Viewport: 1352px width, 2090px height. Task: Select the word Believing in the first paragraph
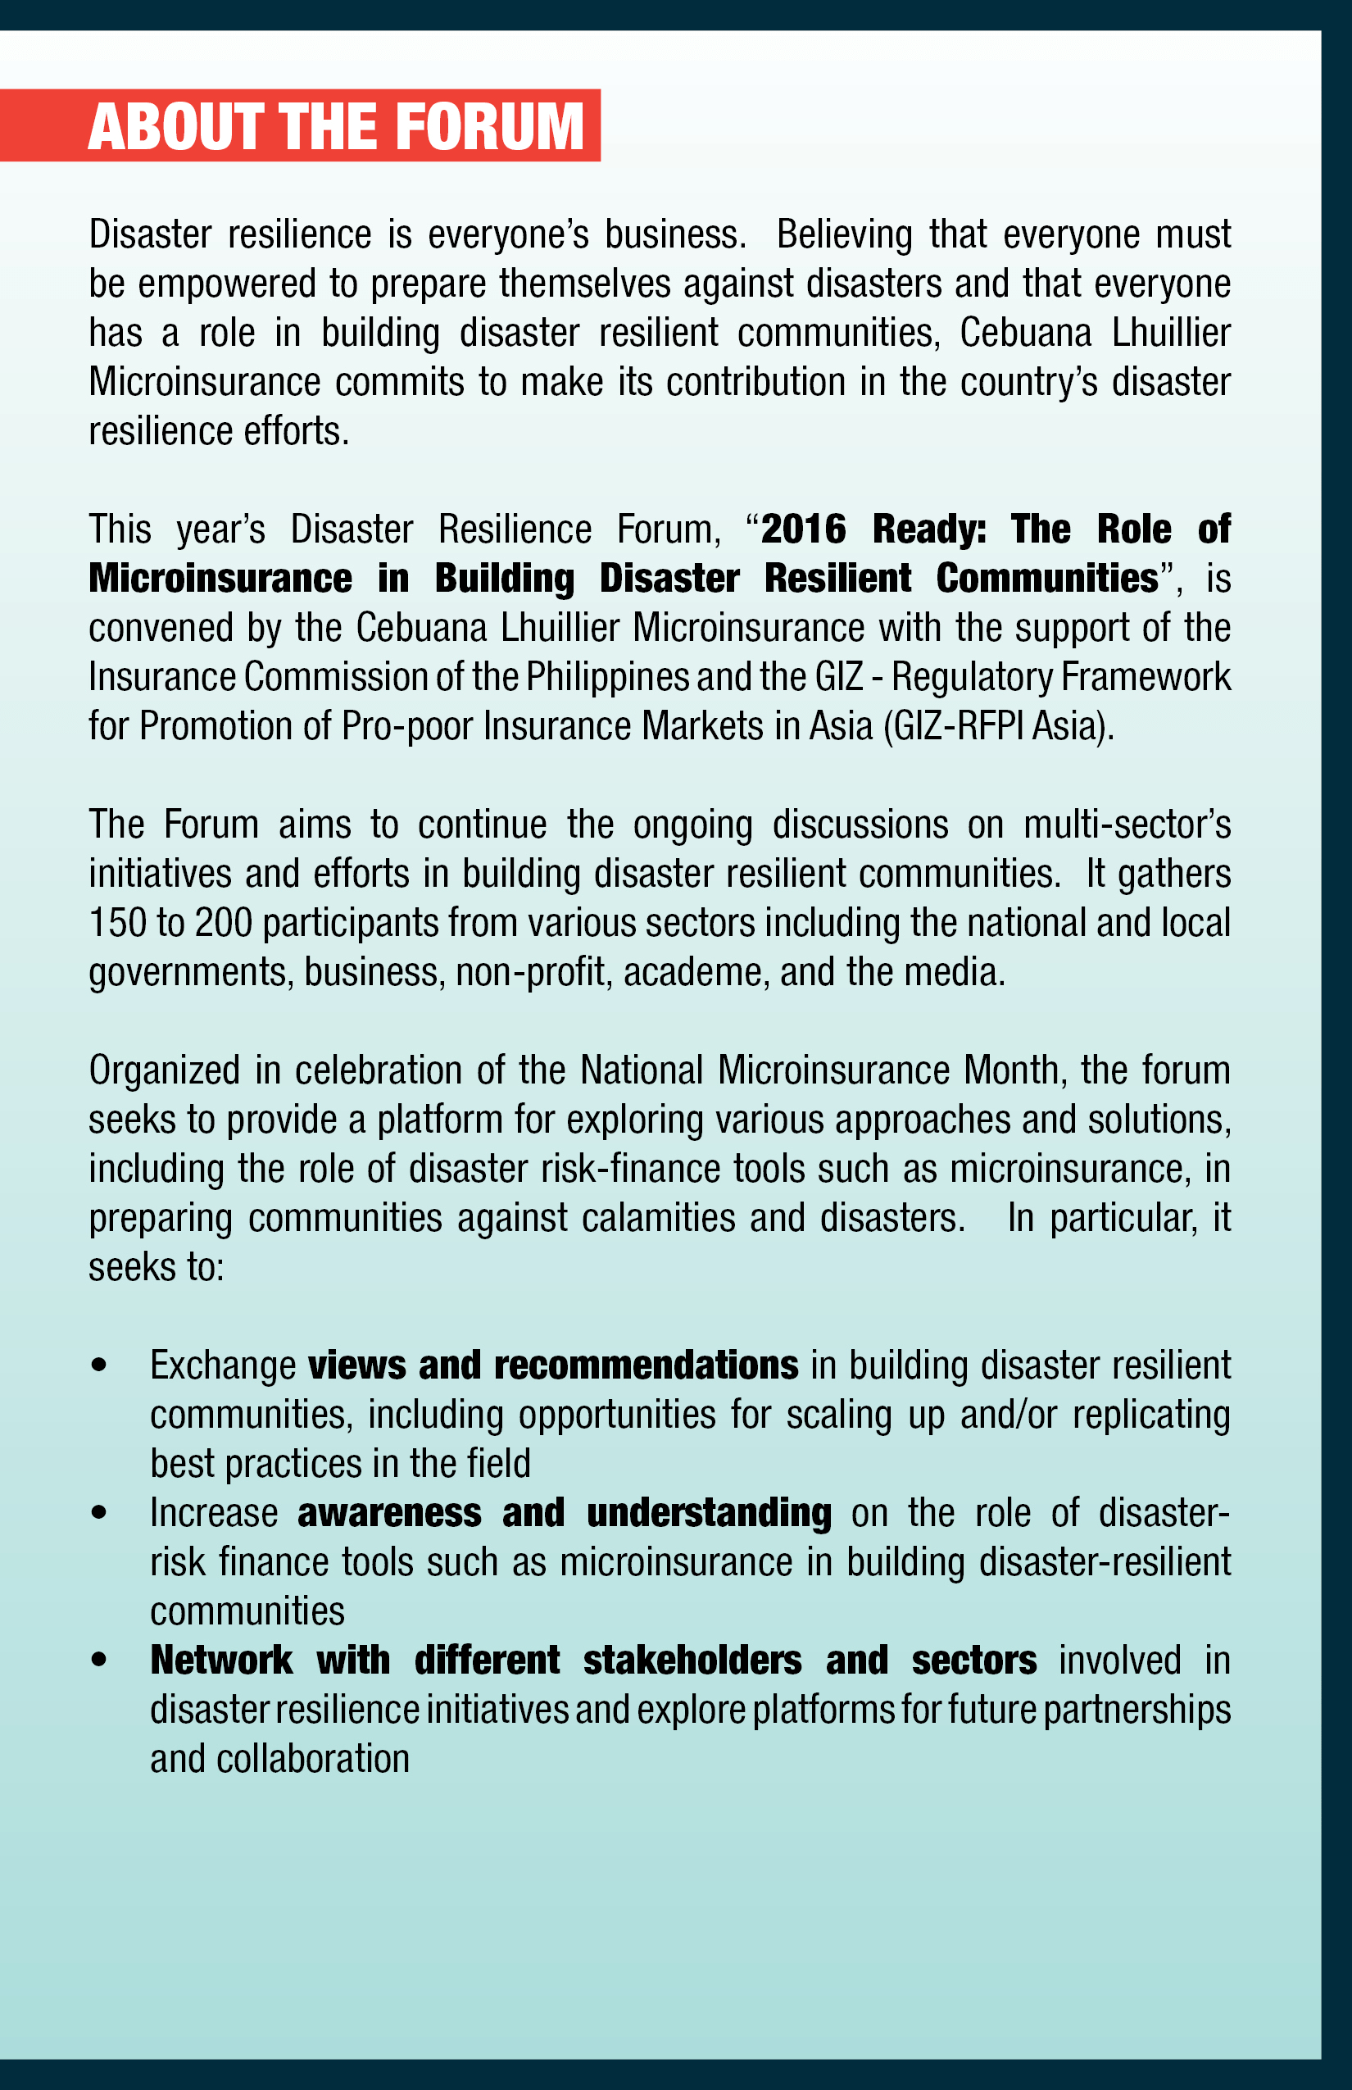point(844,234)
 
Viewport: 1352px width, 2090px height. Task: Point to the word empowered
point(226,284)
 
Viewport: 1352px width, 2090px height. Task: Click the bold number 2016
point(802,529)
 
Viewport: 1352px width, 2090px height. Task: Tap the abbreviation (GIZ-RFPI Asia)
point(998,726)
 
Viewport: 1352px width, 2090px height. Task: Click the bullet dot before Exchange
point(98,1365)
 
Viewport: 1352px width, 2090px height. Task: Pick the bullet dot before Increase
point(98,1513)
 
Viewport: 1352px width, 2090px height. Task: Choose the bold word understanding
point(709,1513)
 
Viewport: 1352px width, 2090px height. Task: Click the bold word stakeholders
point(692,1661)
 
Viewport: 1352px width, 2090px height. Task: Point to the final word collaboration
point(312,1759)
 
